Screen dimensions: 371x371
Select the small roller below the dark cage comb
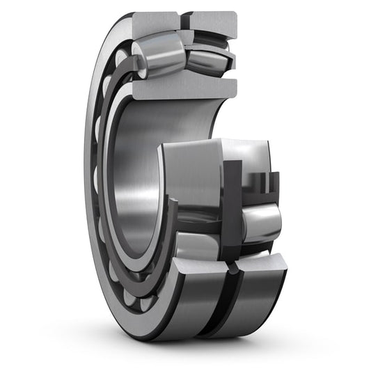(262, 222)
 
